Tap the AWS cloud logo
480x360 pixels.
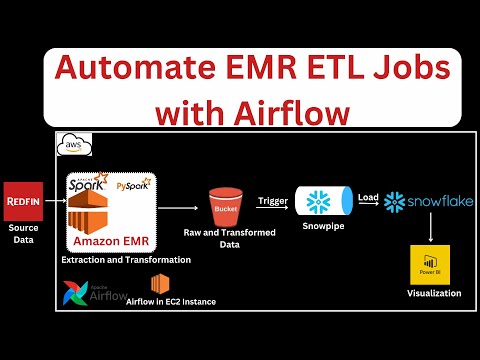75,146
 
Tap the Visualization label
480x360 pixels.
429,294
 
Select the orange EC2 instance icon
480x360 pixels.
158,284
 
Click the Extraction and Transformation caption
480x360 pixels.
109,260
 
